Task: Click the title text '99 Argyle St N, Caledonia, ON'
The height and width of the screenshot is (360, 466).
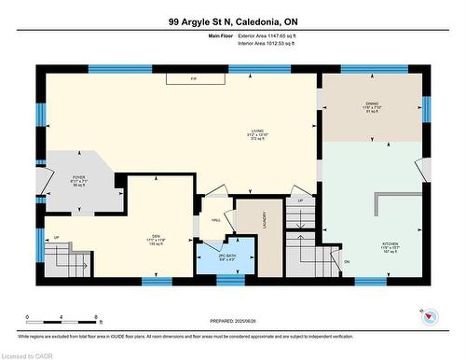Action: point(232,21)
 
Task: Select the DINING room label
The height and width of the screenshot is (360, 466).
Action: point(371,108)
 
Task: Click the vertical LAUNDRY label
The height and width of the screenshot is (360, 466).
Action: point(266,221)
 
